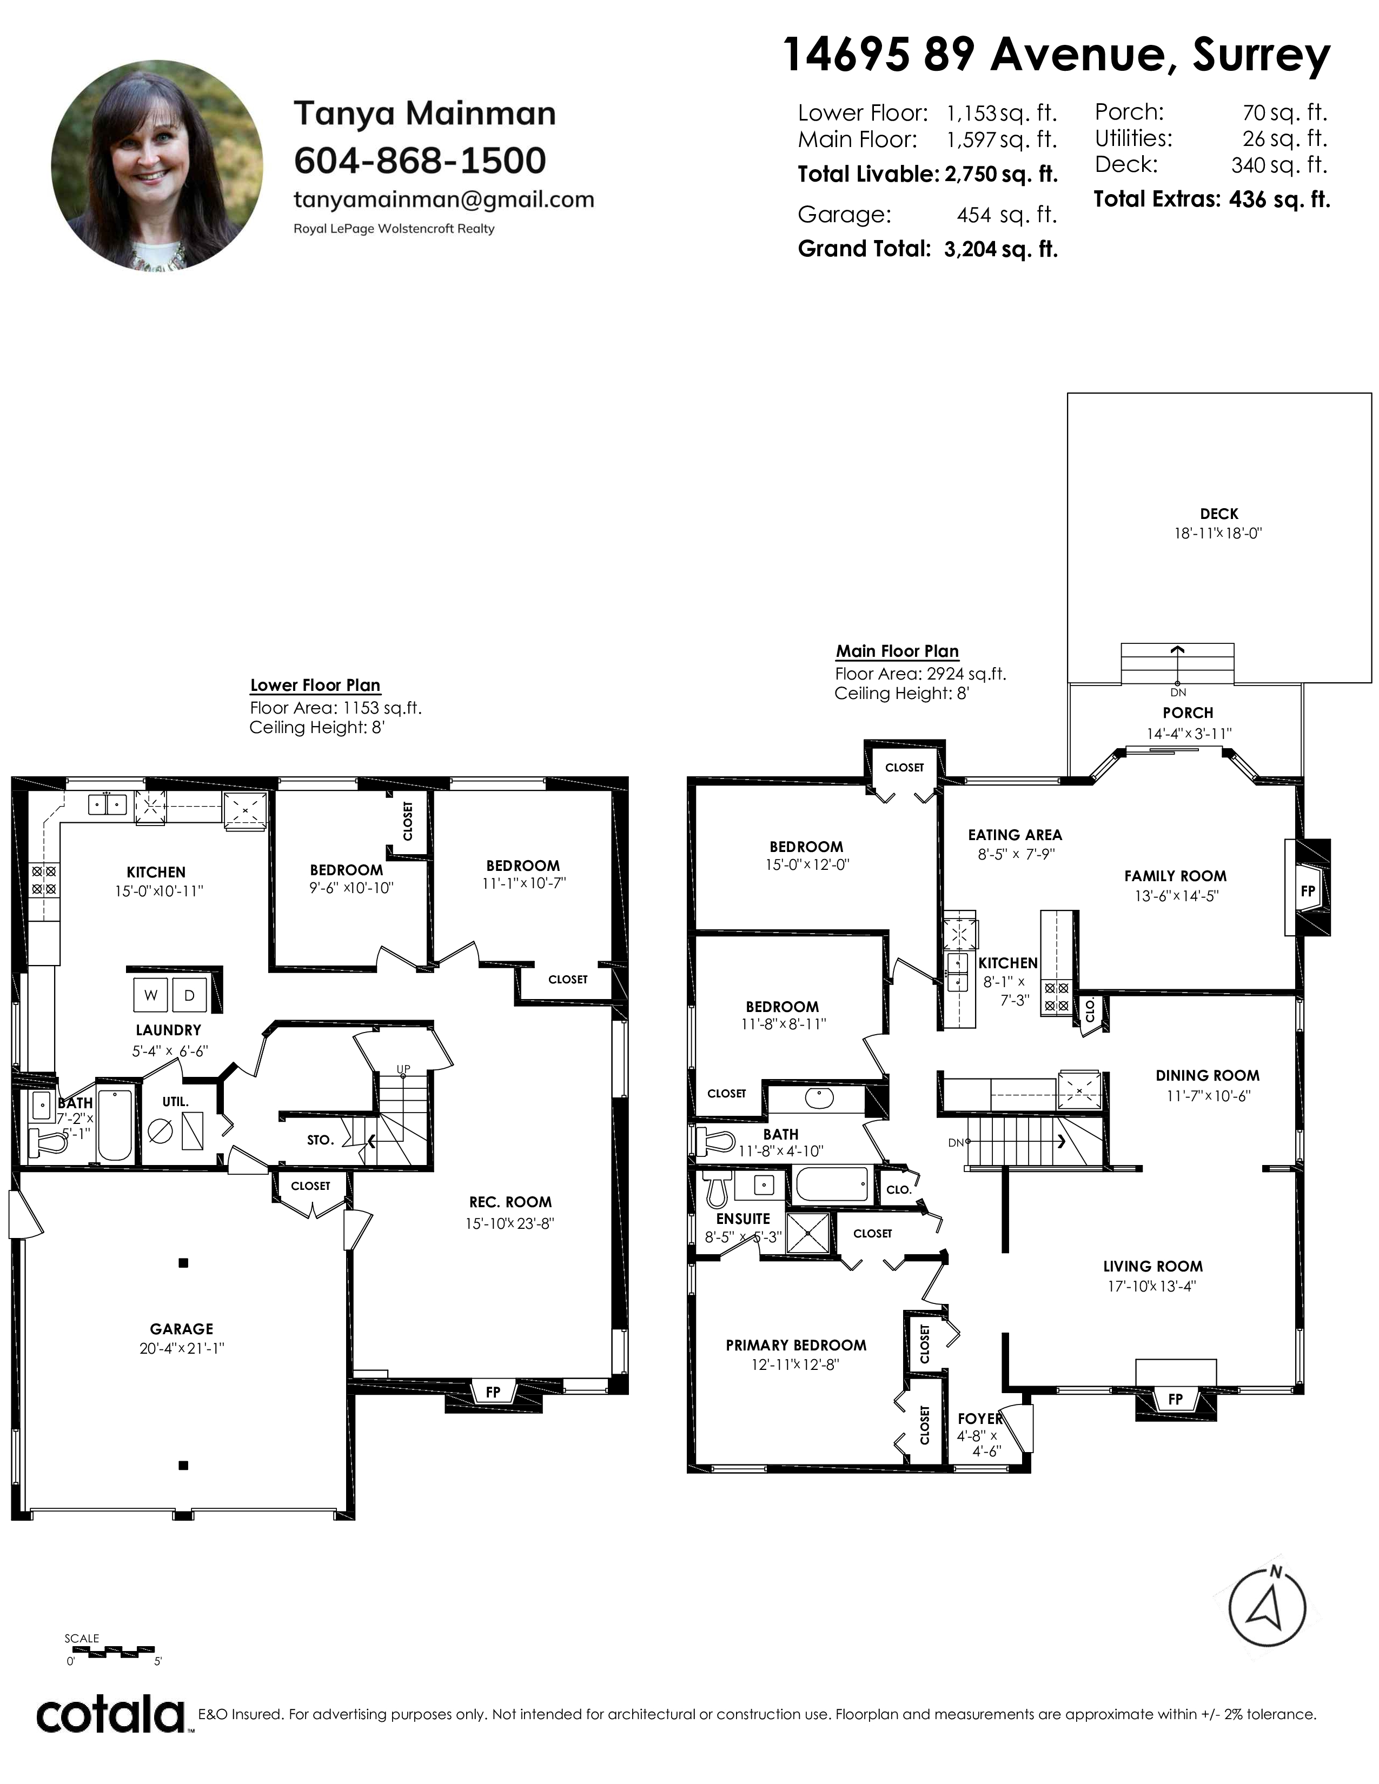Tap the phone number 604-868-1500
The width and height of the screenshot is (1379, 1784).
click(x=420, y=161)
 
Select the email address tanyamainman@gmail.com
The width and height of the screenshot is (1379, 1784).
click(x=443, y=200)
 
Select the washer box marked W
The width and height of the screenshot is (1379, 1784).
click(x=151, y=995)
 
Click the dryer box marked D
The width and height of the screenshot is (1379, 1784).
click(x=189, y=995)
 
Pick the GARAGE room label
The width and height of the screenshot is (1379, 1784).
click(x=181, y=1329)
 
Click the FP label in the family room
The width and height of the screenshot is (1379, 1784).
click(x=1308, y=890)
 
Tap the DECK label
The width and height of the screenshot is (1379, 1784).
click(x=1219, y=514)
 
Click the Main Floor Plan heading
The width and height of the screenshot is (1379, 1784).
click(x=897, y=651)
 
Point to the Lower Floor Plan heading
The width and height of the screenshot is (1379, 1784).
click(x=315, y=685)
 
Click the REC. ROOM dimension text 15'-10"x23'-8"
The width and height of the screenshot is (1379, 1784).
click(x=510, y=1223)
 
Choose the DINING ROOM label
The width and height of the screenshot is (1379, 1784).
click(x=1208, y=1076)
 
